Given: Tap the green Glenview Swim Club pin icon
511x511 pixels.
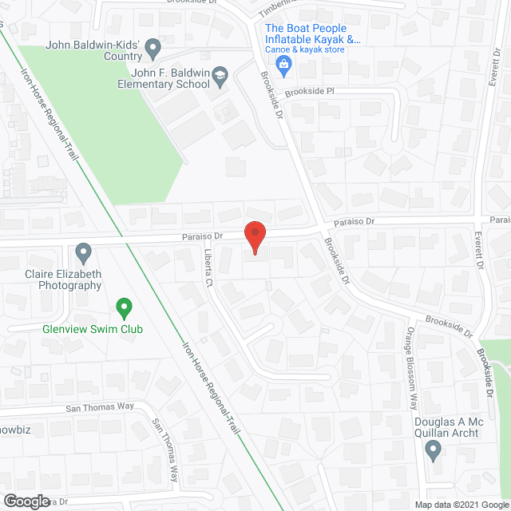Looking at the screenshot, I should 124,306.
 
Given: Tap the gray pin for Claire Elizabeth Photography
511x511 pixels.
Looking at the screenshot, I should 85,253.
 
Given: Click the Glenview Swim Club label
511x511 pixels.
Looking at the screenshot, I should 89,328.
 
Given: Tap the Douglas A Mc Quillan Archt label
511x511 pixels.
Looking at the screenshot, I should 447,427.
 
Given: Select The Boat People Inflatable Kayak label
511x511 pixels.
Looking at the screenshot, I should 312,34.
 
